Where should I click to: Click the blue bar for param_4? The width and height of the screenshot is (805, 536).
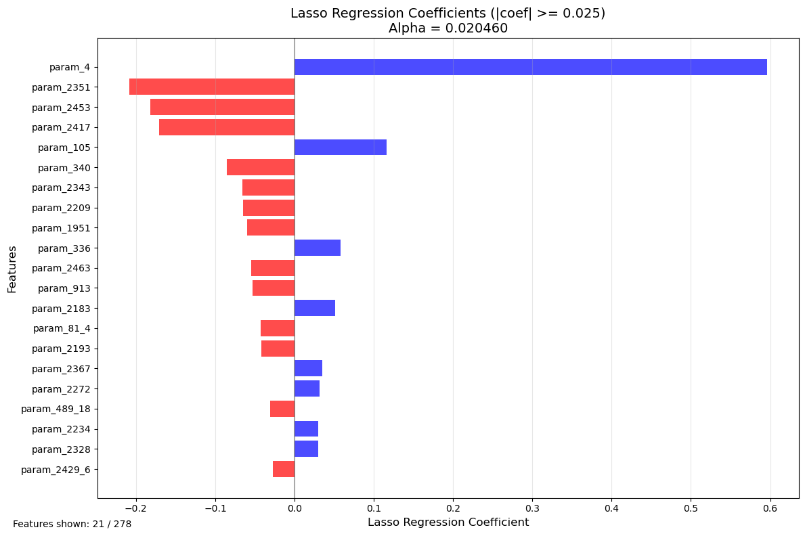pos(530,67)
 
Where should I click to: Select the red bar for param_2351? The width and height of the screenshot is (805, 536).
pos(212,87)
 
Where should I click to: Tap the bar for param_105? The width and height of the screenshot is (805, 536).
pos(341,148)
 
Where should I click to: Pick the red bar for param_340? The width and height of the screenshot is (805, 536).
pos(261,168)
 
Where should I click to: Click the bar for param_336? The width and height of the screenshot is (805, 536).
pos(318,248)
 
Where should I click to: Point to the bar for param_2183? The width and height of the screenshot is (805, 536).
pos(315,309)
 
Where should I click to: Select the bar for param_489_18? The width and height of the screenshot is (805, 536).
pos(282,409)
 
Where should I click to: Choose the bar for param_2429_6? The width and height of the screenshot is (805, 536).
pos(284,470)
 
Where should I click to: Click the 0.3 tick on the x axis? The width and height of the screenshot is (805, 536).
pos(532,507)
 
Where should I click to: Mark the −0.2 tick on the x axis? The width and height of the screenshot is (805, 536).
pos(135,507)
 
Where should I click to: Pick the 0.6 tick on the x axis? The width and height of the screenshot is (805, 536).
pos(770,507)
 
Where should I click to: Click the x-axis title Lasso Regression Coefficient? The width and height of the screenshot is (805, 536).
pos(448,522)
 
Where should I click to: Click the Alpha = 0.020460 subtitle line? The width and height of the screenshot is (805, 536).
pos(448,29)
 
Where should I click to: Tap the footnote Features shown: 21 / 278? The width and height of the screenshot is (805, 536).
pos(72,524)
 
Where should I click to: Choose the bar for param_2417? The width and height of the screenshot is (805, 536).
pos(227,127)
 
